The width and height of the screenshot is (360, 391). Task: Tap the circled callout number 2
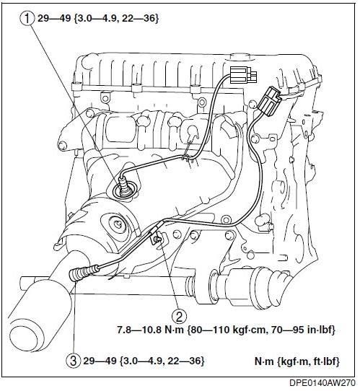179,316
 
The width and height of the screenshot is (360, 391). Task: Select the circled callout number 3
74,361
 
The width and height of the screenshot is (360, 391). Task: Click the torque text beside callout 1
98,19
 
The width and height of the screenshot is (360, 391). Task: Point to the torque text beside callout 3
144,361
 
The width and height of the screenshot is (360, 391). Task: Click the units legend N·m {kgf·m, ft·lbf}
297,361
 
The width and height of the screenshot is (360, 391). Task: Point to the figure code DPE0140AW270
322,382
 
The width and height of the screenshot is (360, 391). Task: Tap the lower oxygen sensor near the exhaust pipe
84,273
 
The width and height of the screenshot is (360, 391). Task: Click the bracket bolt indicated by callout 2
157,239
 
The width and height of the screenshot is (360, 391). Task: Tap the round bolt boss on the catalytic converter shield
116,223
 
